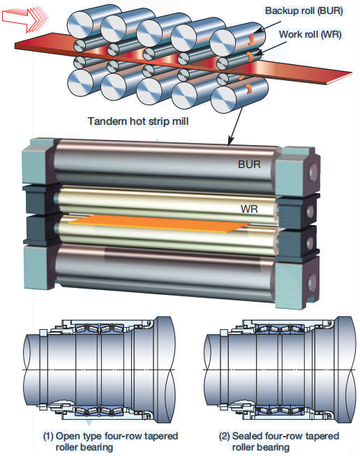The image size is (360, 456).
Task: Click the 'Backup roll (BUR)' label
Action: pyautogui.click(x=303, y=11)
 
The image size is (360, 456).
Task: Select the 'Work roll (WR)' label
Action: pyautogui.click(x=310, y=34)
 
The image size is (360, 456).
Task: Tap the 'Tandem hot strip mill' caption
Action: pyautogui.click(x=138, y=121)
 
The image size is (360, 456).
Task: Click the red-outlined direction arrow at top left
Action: pyautogui.click(x=24, y=18)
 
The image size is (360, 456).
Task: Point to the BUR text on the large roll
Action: pyautogui.click(x=249, y=165)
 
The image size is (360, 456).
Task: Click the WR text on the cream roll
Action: pyautogui.click(x=249, y=208)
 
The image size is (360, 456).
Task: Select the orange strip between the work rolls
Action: pyautogui.click(x=159, y=223)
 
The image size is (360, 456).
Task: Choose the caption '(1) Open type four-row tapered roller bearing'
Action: pyautogui.click(x=110, y=441)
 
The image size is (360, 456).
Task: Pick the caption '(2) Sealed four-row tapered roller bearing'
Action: pyautogui.click(x=278, y=441)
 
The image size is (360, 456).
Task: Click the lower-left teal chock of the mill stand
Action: pyautogui.click(x=38, y=268)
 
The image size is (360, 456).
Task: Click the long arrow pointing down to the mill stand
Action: pyautogui.click(x=237, y=126)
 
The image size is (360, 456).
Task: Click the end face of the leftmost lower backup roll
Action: pyautogui.click(x=80, y=83)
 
